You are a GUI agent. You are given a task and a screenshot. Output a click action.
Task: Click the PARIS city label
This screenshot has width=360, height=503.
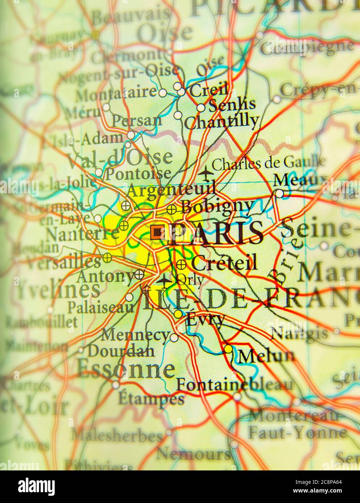[x=216, y=233]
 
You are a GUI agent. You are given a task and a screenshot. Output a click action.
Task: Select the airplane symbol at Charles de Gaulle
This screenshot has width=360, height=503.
[x=206, y=173]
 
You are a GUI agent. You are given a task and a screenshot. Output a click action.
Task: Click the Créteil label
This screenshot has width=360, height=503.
[x=224, y=262]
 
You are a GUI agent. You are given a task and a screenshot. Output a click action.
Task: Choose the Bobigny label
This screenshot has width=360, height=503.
[x=217, y=207]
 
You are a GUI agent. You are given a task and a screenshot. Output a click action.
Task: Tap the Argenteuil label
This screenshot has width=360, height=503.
[x=172, y=189]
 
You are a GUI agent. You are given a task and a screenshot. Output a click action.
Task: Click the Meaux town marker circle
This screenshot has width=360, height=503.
[x=279, y=194]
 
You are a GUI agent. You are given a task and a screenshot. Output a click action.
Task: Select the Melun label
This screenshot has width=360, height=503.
[x=267, y=356]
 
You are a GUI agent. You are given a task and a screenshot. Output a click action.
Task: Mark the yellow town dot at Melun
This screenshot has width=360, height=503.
[x=228, y=349]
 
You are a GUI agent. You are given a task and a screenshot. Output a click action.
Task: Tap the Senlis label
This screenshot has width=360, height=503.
[x=232, y=105]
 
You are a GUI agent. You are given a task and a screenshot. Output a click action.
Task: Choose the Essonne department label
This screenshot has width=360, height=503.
[x=126, y=369]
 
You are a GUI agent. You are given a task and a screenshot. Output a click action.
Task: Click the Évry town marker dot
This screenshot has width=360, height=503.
[x=178, y=314]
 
